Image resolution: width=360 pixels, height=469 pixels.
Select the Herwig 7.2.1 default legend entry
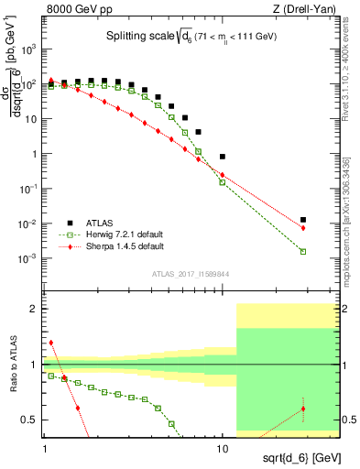click(x=120, y=234)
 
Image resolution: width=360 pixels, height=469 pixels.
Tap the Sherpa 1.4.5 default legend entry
click(x=120, y=246)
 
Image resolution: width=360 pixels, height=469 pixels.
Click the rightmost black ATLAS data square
click(x=303, y=220)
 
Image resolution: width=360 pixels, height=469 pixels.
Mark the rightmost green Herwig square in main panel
click(x=303, y=251)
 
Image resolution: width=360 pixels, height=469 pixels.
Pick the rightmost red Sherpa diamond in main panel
click(x=303, y=228)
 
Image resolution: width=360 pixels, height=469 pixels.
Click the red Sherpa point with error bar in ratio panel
click(x=303, y=409)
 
